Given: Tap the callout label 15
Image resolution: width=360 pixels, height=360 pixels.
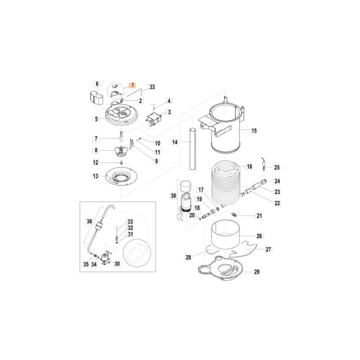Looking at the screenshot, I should pos(254,131).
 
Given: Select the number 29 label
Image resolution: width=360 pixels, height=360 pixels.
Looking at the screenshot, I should pos(257,271).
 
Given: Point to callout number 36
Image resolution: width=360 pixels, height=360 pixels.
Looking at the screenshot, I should pos(89,221).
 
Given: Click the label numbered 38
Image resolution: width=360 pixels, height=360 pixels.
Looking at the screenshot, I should pos(174,195).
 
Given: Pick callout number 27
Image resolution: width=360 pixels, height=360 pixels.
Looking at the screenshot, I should pos(269,249).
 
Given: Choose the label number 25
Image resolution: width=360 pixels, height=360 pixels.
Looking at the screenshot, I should pos(277,167).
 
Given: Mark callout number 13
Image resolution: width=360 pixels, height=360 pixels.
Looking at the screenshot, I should pos(95,176).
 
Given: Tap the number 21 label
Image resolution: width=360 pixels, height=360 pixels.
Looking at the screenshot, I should pos(259,216).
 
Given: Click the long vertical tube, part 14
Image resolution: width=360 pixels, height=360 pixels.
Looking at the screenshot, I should pos(192,148).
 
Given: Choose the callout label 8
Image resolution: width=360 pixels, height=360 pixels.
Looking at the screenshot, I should pos(95,150).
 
